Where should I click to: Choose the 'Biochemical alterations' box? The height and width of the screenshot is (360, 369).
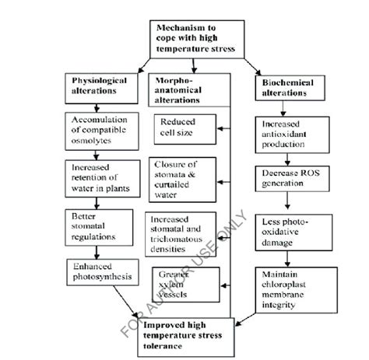(290, 86)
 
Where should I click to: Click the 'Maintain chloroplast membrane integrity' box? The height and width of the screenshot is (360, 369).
(290, 288)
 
